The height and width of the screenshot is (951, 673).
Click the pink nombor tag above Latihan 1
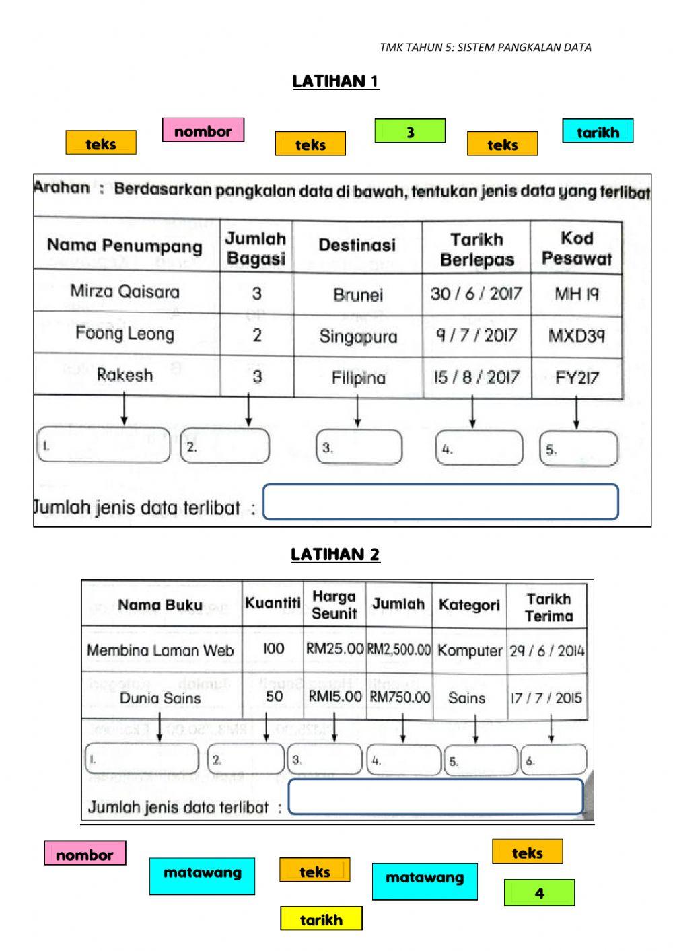203,131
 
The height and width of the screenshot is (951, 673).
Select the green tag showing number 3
410,131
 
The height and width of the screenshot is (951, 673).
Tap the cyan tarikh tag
598,131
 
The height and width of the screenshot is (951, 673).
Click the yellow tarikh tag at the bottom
321,919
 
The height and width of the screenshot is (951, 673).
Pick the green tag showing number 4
539,892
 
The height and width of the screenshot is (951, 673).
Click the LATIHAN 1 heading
335,81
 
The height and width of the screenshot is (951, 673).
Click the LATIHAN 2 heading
335,554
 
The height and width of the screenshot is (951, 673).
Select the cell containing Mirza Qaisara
125,291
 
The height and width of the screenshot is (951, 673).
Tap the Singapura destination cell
358,336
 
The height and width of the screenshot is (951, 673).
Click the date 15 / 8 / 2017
476,377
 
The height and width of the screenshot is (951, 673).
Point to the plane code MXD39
577,335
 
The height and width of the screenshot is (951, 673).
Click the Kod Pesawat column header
577,248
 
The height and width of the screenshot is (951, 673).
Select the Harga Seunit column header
334,604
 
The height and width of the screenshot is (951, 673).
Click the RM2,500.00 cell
399,649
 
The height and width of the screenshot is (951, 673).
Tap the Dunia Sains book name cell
160,697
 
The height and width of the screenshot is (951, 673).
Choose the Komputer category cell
470,650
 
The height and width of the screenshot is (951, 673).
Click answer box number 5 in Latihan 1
579,449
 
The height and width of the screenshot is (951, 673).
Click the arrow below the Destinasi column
357,411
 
